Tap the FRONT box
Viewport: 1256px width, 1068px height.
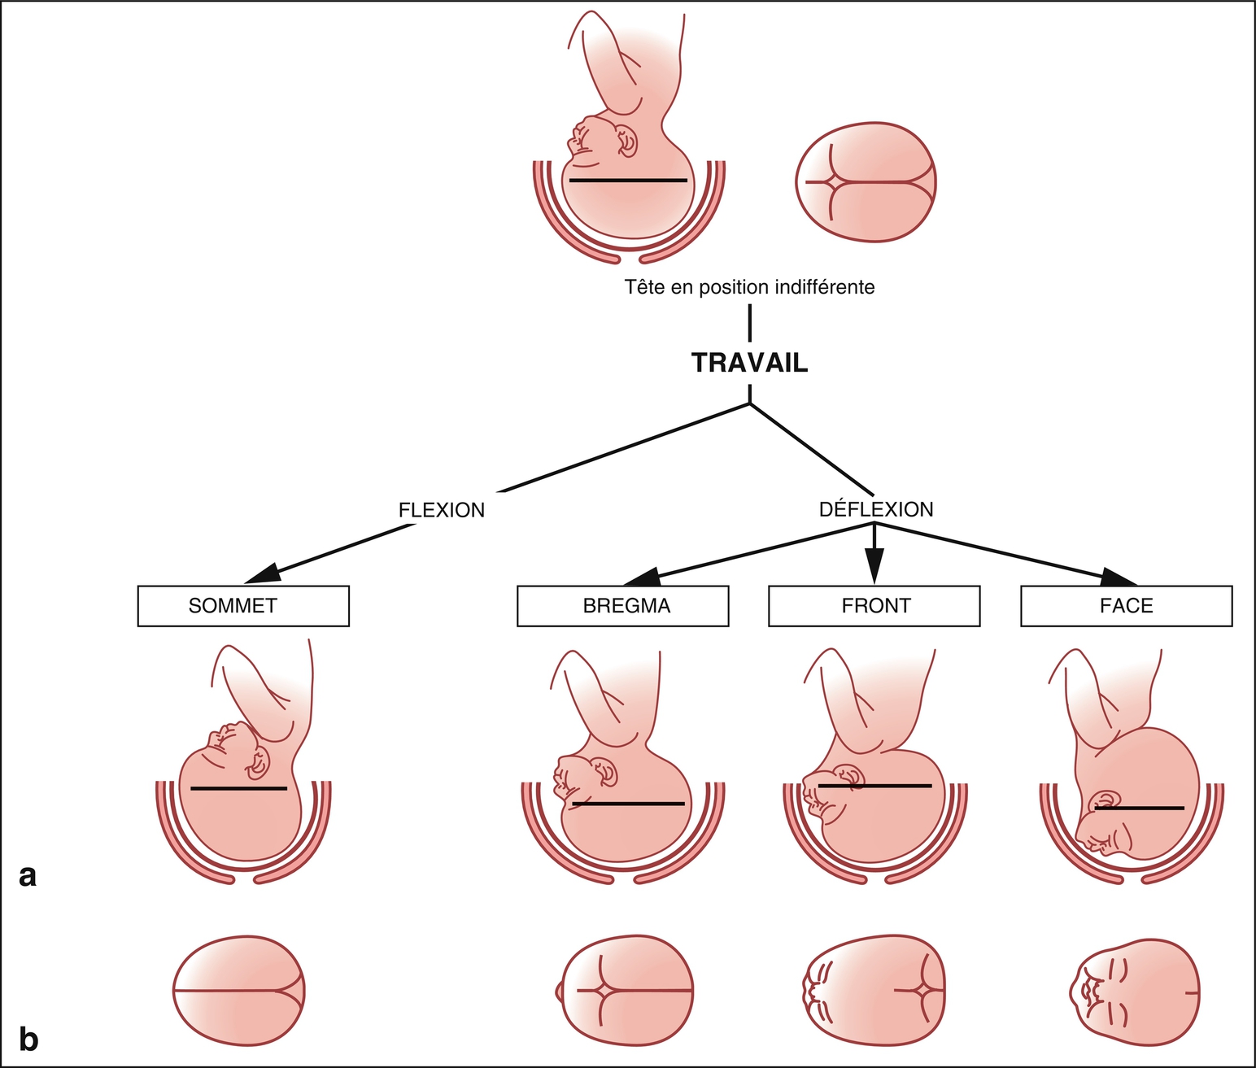(874, 606)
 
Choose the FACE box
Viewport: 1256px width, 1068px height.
(1126, 606)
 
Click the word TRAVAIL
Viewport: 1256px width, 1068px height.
(749, 363)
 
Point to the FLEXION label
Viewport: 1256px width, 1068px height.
(442, 510)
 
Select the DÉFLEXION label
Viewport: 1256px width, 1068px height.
(876, 509)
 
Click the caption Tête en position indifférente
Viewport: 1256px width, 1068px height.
(749, 287)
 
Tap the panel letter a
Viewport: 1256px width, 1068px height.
(28, 876)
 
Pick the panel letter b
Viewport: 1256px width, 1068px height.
(28, 1040)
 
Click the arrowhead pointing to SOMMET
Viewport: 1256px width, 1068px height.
(262, 574)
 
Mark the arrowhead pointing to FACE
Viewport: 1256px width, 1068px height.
(1119, 577)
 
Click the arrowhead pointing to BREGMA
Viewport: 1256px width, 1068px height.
(643, 577)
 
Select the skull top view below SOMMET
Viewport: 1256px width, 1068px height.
(239, 991)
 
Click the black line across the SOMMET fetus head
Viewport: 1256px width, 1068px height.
(239, 788)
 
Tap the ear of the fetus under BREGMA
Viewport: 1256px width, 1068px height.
(605, 771)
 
